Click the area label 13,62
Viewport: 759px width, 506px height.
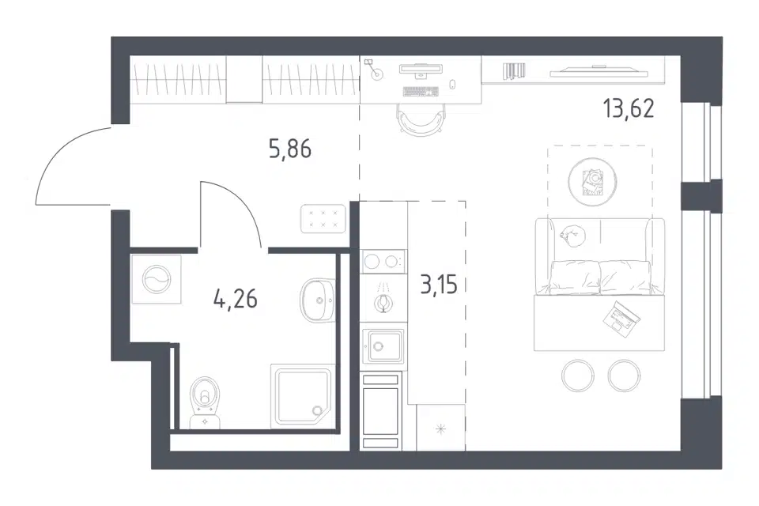pos(629,108)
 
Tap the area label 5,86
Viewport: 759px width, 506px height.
pos(290,149)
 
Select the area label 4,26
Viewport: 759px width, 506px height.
pos(236,299)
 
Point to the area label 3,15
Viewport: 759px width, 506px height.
pos(439,285)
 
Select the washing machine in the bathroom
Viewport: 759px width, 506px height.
pos(156,280)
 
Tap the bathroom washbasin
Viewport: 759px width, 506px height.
pos(318,300)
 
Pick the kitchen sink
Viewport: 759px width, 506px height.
pos(383,346)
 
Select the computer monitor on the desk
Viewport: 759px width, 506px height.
pos(420,70)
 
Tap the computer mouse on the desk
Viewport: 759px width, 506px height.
pos(452,85)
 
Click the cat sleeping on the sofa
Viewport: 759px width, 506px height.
pos(573,236)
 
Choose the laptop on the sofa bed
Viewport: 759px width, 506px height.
pos(621,319)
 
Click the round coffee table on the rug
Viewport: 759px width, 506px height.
pos(592,182)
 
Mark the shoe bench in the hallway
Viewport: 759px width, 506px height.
pos(323,219)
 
